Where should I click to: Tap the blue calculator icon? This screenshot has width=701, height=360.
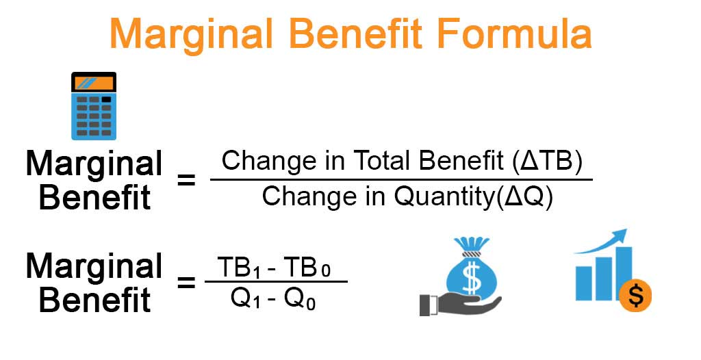point(94,105)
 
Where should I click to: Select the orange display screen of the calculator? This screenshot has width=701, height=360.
point(94,84)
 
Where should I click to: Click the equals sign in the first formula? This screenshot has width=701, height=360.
point(187,181)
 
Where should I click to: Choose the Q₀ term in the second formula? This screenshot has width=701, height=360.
point(302,299)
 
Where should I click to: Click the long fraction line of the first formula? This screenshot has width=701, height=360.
point(400,179)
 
